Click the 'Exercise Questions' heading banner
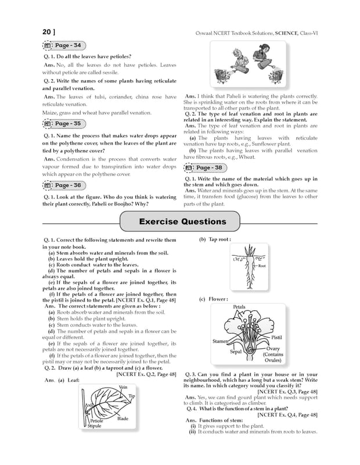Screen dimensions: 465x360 pos(182,221)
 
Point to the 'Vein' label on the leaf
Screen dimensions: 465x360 pos(123,387)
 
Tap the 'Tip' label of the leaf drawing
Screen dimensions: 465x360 pos(131,396)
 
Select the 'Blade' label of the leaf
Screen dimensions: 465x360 pos(123,419)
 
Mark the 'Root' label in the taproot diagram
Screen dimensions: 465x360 pos(262,266)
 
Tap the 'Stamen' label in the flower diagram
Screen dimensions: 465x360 pos(219,341)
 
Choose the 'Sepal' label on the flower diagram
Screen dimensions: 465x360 pos(236,352)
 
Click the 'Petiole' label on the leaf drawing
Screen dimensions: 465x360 pos(97,420)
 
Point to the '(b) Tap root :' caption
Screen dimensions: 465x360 pos(215,239)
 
